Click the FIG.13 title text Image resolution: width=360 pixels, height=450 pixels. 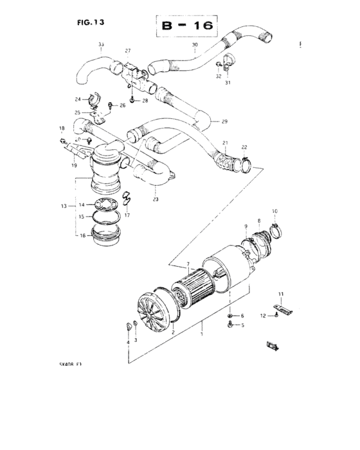click(x=90, y=21)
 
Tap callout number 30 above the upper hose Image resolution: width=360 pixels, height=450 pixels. click(x=195, y=45)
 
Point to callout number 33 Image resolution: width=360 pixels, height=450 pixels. click(x=101, y=44)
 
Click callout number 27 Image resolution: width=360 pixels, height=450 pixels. click(x=127, y=51)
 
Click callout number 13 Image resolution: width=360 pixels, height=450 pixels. click(x=64, y=206)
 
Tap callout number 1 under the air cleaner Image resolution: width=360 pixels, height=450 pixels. click(x=203, y=335)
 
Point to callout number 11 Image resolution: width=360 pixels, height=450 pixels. click(x=280, y=294)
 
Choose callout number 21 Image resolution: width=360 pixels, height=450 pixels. click(x=225, y=143)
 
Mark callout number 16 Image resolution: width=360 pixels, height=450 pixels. click(x=82, y=236)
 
